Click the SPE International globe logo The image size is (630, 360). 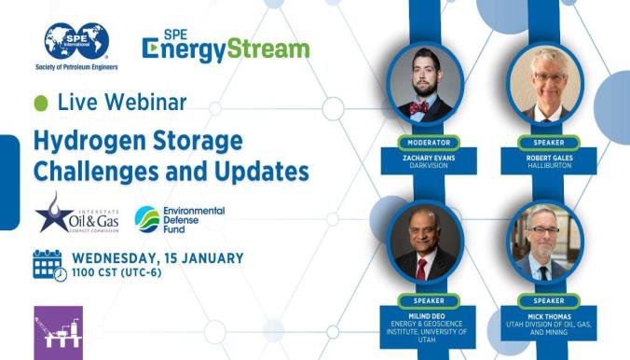click(75, 42)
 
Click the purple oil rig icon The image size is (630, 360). click(58, 332)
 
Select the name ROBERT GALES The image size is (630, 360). click(541, 159)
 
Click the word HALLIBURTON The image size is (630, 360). click(541, 168)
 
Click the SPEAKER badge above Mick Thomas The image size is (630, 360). click(541, 301)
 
